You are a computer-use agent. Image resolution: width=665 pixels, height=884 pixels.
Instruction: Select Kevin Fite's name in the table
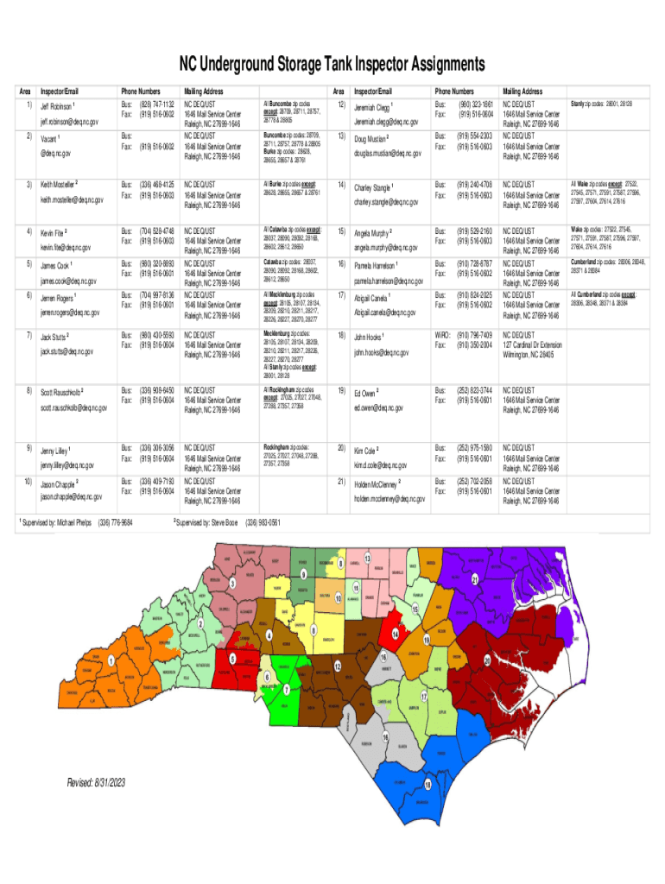[x=54, y=232]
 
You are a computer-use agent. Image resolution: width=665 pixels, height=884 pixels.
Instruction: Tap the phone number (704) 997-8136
[x=157, y=294]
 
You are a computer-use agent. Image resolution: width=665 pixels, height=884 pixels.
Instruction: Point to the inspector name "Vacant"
[x=51, y=137]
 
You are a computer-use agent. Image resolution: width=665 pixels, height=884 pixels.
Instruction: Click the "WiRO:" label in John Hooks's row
[x=442, y=335]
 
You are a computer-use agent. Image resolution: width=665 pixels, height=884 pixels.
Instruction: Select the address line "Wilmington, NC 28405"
[x=536, y=353]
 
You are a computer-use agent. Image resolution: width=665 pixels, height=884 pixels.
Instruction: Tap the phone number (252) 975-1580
[x=476, y=448]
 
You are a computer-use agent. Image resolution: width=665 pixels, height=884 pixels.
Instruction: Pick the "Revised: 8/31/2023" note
[x=97, y=782]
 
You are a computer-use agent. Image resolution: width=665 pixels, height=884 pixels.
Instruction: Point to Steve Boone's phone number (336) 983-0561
[x=263, y=522]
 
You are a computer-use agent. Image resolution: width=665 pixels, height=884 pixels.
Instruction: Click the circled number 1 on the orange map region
[x=111, y=660]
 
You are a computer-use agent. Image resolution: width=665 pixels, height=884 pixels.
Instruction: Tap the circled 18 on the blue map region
[x=427, y=784]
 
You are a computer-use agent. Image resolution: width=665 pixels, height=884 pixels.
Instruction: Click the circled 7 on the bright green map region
[x=286, y=690]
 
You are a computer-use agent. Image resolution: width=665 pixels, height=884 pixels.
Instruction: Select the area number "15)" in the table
[x=343, y=231]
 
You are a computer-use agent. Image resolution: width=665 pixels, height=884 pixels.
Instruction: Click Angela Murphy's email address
[x=386, y=248]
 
